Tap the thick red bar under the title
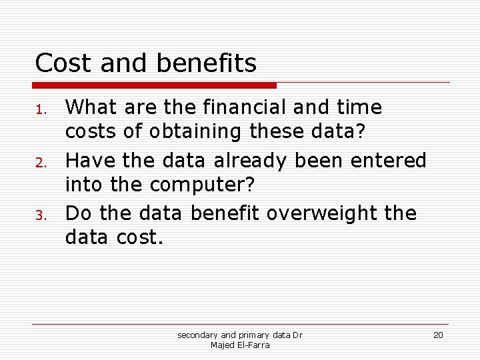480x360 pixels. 155,85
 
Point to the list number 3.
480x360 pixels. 40,215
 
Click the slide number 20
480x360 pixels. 438,335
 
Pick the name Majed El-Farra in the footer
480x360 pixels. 240,345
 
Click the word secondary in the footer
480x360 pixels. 197,335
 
